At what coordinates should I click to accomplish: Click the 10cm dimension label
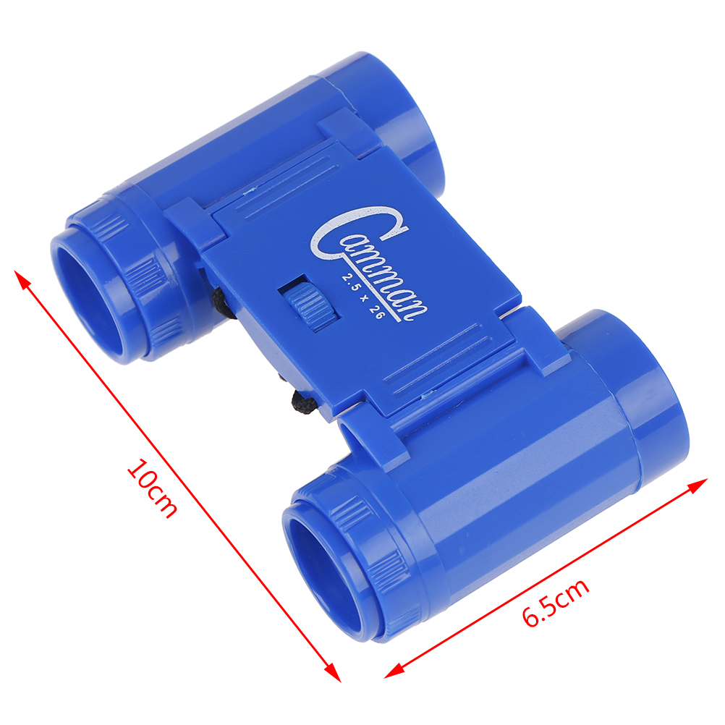tap(152, 488)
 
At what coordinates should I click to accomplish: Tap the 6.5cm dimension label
tap(556, 602)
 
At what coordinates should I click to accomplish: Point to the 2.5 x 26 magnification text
tap(363, 297)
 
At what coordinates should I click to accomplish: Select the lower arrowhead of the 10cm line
tap(332, 671)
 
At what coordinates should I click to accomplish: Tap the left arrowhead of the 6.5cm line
tap(394, 671)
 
